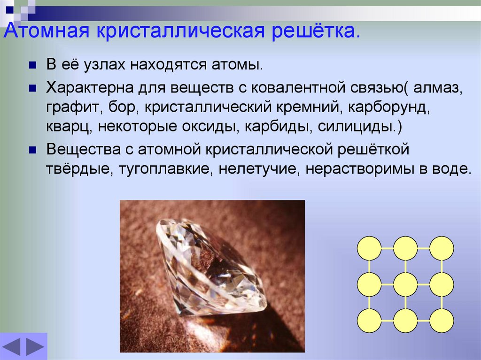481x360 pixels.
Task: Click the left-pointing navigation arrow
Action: coord(12,346)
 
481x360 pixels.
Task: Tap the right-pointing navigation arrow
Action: coord(35,346)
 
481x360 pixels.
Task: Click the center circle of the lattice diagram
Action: coord(405,284)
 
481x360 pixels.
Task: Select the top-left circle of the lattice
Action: coord(369,248)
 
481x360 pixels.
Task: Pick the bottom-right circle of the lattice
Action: coord(442,321)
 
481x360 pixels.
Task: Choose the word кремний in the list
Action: coord(309,107)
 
